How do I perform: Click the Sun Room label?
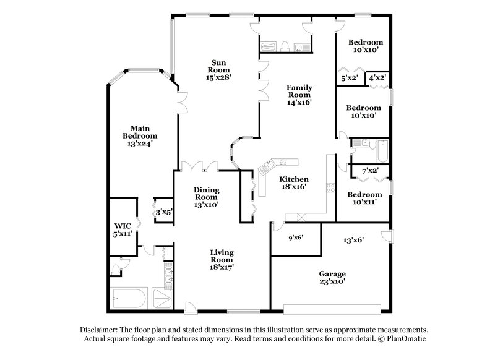click(x=218, y=70)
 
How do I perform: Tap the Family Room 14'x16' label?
click(x=298, y=95)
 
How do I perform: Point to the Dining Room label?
click(x=206, y=197)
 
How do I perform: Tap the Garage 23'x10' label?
click(x=332, y=277)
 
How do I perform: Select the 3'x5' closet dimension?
click(x=163, y=212)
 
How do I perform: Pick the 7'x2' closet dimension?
click(x=370, y=170)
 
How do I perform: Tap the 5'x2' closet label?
click(x=350, y=79)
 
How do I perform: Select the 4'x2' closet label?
click(x=377, y=79)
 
